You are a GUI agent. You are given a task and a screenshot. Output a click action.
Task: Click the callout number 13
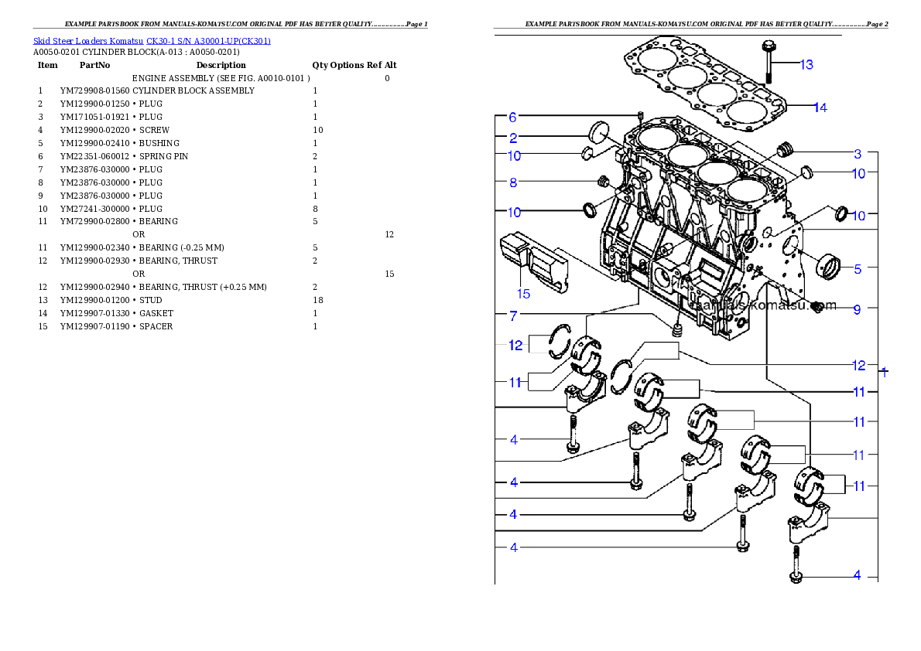click(x=806, y=64)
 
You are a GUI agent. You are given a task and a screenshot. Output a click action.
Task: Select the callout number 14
click(x=820, y=107)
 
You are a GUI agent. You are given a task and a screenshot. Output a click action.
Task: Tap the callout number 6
click(x=512, y=118)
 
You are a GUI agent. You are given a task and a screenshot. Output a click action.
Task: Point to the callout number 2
click(x=512, y=138)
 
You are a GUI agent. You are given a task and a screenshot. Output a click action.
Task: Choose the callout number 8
click(x=512, y=182)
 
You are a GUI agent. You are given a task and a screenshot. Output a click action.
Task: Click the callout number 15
click(x=523, y=293)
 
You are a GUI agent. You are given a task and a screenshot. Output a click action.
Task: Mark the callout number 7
click(x=512, y=315)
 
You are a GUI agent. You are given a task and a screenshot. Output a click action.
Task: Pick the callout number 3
click(x=858, y=153)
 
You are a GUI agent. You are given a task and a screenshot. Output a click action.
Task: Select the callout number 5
click(x=858, y=269)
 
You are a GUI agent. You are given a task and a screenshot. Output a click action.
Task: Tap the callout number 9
click(x=857, y=309)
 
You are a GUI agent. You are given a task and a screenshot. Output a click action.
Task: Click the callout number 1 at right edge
click(x=885, y=372)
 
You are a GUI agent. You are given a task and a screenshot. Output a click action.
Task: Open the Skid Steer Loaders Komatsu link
click(x=152, y=41)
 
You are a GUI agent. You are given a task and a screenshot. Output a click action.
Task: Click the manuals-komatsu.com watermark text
click(x=765, y=305)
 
